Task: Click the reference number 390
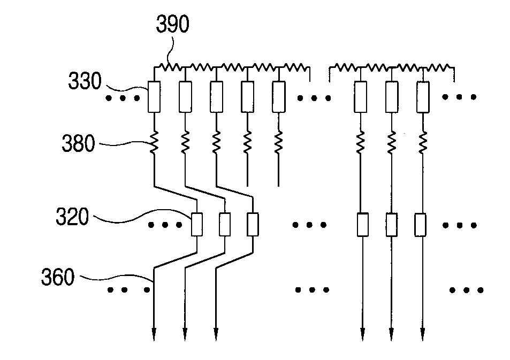click(x=172, y=24)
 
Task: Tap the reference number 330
click(x=85, y=81)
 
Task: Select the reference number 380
click(x=78, y=143)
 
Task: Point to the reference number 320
click(x=72, y=217)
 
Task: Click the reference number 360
click(x=58, y=278)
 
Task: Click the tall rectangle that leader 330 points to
click(x=154, y=97)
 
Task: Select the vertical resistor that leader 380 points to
click(x=154, y=142)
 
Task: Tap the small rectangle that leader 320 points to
click(x=197, y=224)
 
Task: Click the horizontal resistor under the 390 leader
click(x=170, y=67)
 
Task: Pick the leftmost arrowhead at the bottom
click(x=154, y=334)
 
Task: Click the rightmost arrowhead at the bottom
click(x=423, y=334)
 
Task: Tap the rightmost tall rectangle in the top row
click(x=423, y=97)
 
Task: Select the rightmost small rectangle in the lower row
click(x=420, y=224)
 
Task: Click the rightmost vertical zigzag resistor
click(x=423, y=142)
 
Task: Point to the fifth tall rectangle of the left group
click(x=279, y=97)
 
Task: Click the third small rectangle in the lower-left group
click(x=253, y=224)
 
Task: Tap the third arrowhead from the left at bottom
click(x=216, y=334)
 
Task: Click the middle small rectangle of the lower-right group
click(x=392, y=224)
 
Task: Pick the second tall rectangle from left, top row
click(x=185, y=97)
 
